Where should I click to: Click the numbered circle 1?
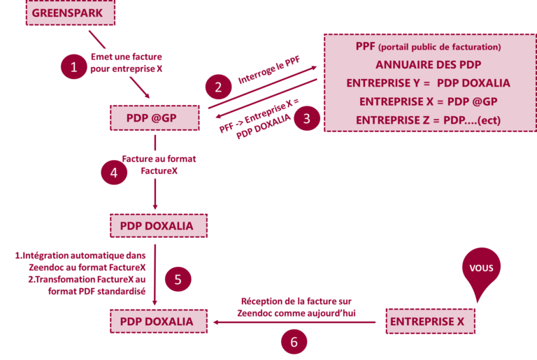[x=73, y=67]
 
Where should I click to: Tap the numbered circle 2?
[x=218, y=87]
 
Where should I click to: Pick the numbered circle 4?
[x=114, y=172]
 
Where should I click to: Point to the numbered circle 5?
[x=178, y=280]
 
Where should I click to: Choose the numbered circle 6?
[x=294, y=342]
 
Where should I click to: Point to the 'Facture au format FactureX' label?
[x=159, y=164]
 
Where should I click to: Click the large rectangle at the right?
[x=429, y=82]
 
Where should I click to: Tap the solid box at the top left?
[x=70, y=13]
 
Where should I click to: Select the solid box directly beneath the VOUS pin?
[x=431, y=322]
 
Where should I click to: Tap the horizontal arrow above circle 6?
[x=294, y=322]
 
